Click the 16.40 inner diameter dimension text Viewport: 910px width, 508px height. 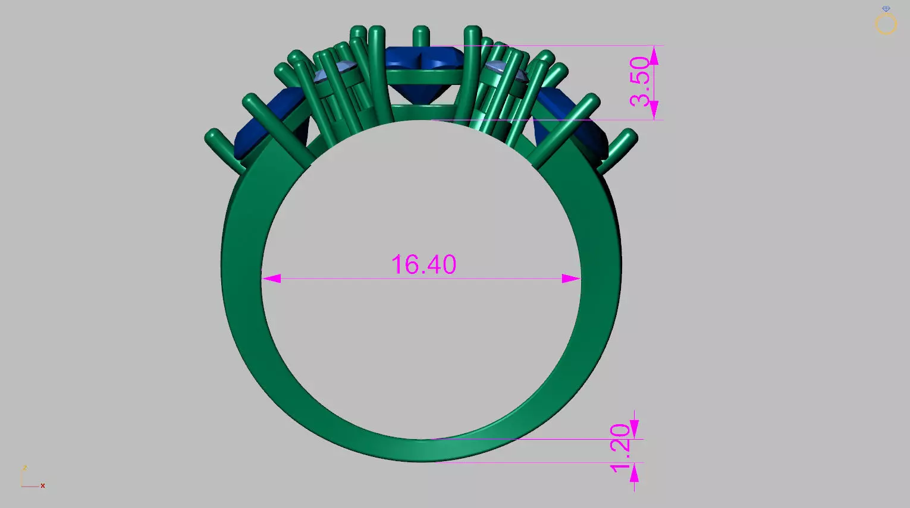tap(423, 264)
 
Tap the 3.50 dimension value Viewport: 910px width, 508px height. tap(640, 81)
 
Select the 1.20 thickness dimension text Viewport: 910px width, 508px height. tap(620, 448)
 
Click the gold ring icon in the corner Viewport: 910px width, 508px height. tap(886, 24)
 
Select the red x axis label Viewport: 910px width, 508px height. tap(43, 486)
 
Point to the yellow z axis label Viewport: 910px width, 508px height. tap(24, 468)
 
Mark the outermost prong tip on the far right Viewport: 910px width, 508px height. tap(630, 137)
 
